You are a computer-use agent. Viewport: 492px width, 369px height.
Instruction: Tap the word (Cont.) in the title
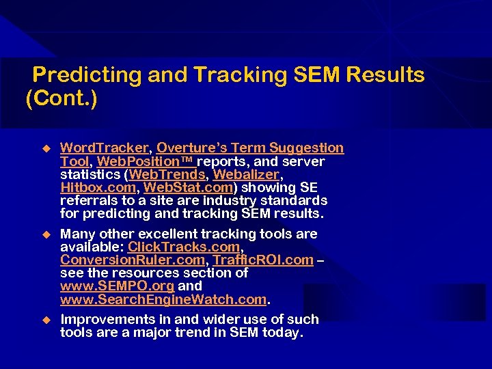point(61,100)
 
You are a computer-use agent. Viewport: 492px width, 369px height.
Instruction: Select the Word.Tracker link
point(104,148)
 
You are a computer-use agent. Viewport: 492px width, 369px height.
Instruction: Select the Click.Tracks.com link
point(184,247)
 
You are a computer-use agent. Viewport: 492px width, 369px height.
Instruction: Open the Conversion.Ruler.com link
point(133,260)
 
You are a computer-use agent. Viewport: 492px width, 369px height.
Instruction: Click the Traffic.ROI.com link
point(263,260)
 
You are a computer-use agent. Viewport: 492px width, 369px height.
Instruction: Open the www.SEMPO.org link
point(117,286)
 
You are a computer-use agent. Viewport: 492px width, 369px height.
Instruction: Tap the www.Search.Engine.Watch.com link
point(164,299)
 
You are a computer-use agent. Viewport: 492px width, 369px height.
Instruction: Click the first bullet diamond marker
point(46,148)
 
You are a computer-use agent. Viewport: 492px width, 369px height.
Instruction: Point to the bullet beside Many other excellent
point(46,234)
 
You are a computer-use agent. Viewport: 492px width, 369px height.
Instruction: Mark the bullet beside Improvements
point(46,319)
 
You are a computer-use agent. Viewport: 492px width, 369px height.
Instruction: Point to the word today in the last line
point(284,333)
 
